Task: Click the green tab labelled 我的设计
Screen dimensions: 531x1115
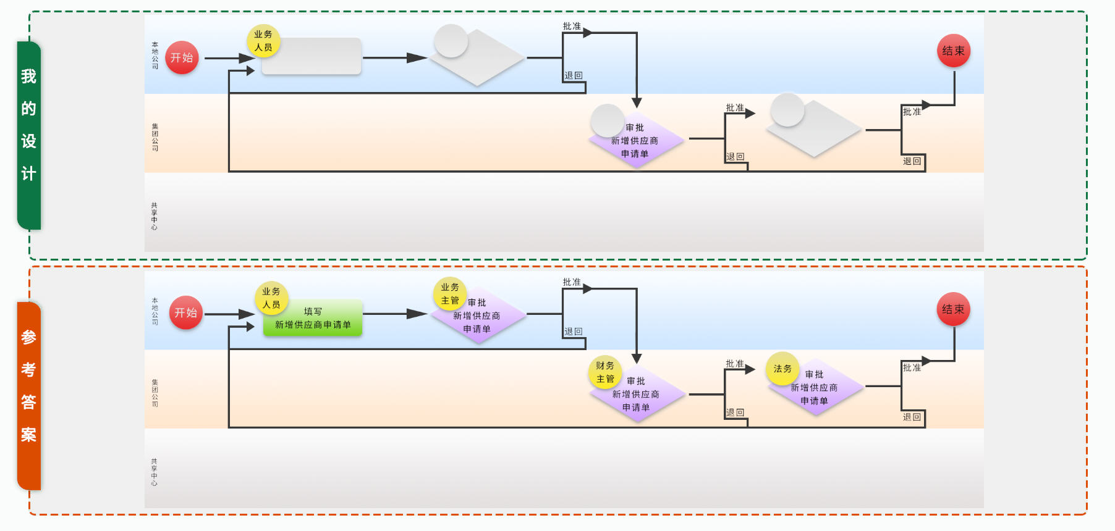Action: [x=29, y=135]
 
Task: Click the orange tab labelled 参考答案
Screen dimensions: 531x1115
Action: [x=29, y=396]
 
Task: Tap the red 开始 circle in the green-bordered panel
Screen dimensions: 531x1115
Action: [x=182, y=57]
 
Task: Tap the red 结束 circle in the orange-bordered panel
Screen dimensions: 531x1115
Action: [x=953, y=309]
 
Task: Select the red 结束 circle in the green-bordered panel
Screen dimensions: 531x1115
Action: [x=953, y=51]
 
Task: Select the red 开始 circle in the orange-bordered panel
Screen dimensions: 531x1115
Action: [x=185, y=312]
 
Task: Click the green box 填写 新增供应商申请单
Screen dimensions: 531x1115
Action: [x=313, y=319]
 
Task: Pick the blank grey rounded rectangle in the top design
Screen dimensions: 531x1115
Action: [x=312, y=57]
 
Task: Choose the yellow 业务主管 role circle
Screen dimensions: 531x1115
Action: [x=450, y=294]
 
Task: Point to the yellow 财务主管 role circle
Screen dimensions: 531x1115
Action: [x=605, y=372]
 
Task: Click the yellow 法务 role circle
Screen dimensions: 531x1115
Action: [x=782, y=369]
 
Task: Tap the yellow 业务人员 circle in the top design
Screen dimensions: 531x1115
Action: [x=263, y=41]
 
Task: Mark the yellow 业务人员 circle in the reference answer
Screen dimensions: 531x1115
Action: [x=271, y=298]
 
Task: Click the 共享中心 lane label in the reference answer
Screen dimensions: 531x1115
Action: [x=154, y=472]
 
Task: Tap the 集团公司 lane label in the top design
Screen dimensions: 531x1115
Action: [x=155, y=137]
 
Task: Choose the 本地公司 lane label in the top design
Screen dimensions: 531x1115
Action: [x=155, y=56]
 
